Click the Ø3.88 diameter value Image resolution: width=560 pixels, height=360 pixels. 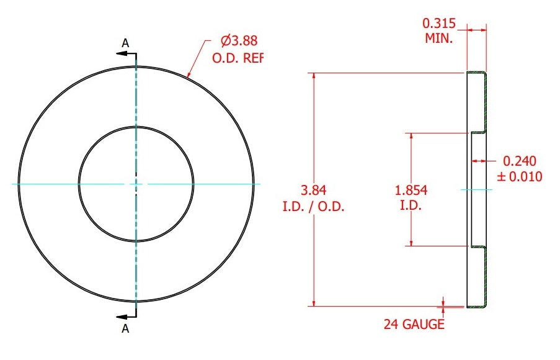[x=239, y=41]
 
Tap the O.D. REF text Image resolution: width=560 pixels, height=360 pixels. [x=238, y=58]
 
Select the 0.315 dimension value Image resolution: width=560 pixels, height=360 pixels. [x=439, y=23]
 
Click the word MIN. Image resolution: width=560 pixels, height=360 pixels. [x=438, y=38]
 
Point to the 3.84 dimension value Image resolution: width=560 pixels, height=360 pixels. [x=313, y=190]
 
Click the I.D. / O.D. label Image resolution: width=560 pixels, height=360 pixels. [x=313, y=207]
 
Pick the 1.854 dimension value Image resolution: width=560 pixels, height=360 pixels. [x=411, y=190]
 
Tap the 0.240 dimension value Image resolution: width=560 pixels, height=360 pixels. [x=519, y=161]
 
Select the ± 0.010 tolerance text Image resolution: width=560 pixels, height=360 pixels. [x=520, y=177]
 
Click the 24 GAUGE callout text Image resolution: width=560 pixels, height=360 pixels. [x=414, y=324]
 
